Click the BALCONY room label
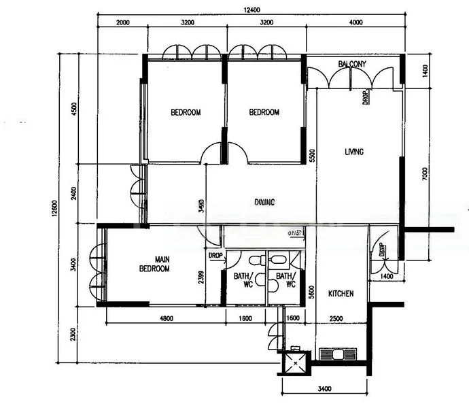pyautogui.click(x=352, y=64)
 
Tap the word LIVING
pyautogui.click(x=353, y=152)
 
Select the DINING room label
pyautogui.click(x=265, y=202)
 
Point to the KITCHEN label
pyautogui.click(x=341, y=294)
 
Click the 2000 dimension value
pyautogui.click(x=122, y=22)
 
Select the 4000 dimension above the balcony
pyautogui.click(x=355, y=22)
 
